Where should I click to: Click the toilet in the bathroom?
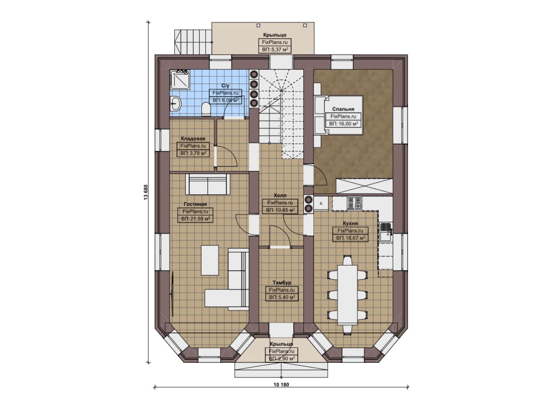[x=206, y=109]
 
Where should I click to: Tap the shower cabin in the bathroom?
[x=180, y=79]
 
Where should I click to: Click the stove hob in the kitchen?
[x=354, y=203]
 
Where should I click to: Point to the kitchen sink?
[x=385, y=232]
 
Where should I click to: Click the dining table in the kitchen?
[x=347, y=295]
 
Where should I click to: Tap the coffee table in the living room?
[x=210, y=260]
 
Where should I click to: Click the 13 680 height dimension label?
[x=146, y=192]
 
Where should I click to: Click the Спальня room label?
[x=343, y=109]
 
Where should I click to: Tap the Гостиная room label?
[x=195, y=204]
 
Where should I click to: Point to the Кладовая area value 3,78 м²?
[x=193, y=153]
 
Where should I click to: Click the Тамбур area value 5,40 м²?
[x=282, y=297]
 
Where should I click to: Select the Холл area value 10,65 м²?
[x=280, y=210]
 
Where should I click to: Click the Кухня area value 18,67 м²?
[x=350, y=238]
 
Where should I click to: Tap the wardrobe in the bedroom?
[x=364, y=186]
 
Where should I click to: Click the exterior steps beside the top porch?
[x=193, y=41]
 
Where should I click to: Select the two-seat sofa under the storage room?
[x=208, y=184]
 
